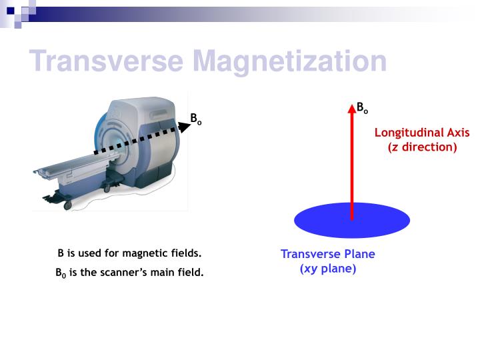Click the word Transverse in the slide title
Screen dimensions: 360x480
click(x=107, y=62)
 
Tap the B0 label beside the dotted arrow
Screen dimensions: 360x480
click(x=196, y=119)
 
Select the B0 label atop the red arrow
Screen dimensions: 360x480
click(x=362, y=107)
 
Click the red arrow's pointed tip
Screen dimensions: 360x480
click(x=351, y=107)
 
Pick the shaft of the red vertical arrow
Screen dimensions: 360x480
click(x=351, y=167)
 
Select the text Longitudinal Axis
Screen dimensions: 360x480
click(x=421, y=133)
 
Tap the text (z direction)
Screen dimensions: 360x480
click(x=422, y=147)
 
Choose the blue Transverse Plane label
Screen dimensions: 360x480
click(x=327, y=254)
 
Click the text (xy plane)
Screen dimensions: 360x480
click(x=327, y=269)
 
